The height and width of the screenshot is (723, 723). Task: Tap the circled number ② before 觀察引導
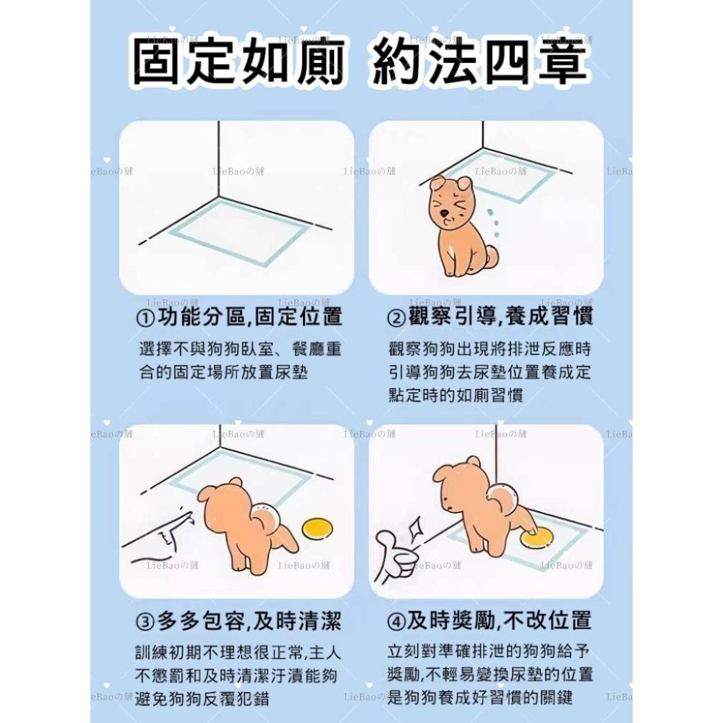tap(396, 318)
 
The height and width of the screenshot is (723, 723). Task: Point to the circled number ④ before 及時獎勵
tap(396, 621)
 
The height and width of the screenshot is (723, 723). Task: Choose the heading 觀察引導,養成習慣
tap(500, 318)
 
